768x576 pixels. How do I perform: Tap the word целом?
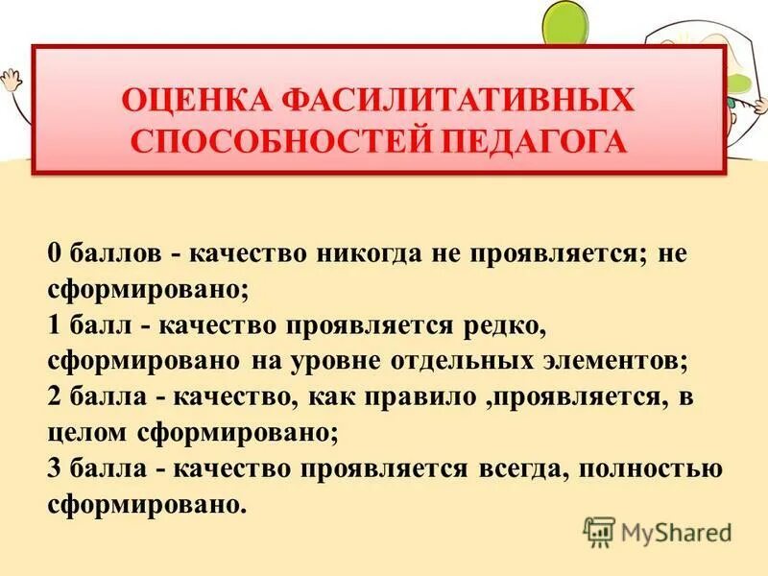[84, 431]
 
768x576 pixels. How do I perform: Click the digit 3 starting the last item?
[55, 468]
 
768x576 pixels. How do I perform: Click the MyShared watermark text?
[676, 531]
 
